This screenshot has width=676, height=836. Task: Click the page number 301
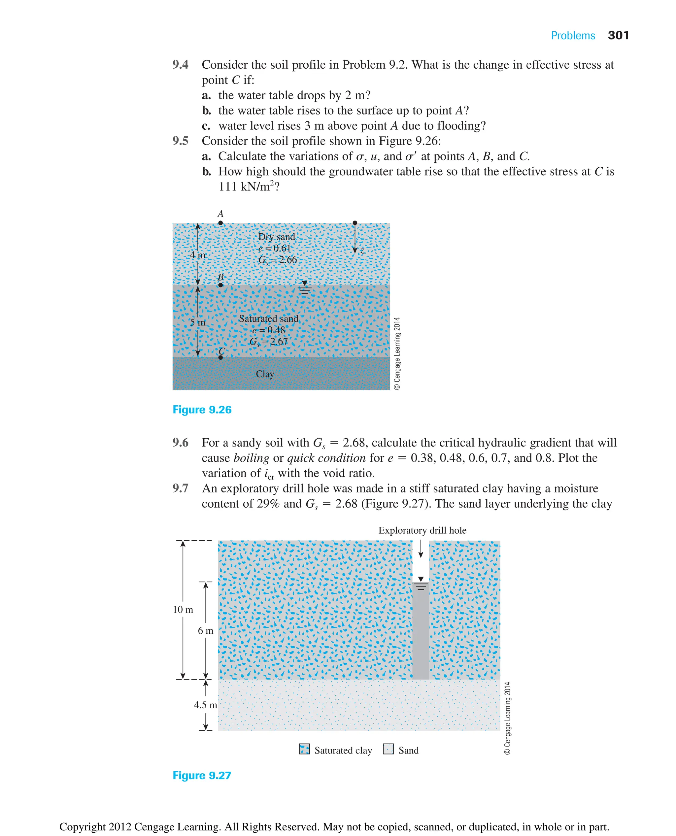[618, 35]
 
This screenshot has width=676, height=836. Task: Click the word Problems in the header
[572, 36]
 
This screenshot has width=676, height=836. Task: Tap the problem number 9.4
[180, 65]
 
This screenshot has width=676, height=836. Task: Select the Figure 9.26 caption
[202, 410]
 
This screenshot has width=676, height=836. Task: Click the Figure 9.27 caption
[202, 775]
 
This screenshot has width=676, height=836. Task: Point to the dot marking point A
[220, 223]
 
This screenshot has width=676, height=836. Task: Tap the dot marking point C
[220, 357]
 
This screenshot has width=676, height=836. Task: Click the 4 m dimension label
[197, 255]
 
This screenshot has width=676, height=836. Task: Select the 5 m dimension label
[197, 322]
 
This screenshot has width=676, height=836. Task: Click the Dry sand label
[277, 237]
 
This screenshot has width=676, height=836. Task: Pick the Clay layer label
[265, 374]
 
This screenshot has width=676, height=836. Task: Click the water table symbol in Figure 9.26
[305, 287]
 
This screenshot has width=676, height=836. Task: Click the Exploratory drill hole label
[422, 530]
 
